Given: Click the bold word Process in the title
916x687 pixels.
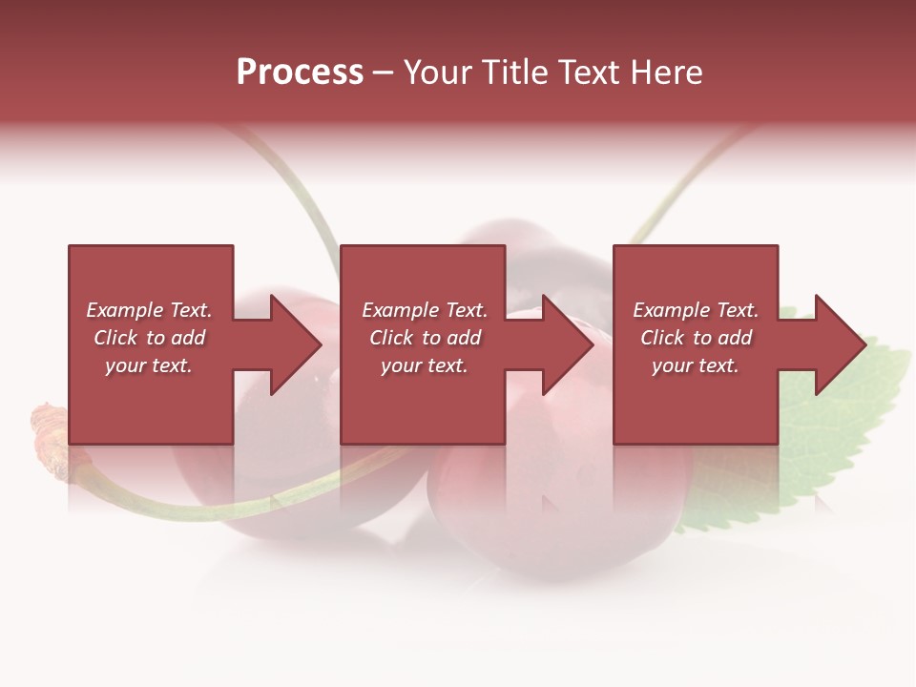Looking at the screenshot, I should pyautogui.click(x=300, y=73).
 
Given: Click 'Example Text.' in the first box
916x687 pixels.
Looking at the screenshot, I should pyautogui.click(x=149, y=310).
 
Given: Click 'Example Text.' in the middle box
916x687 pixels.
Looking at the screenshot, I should pyautogui.click(x=425, y=310).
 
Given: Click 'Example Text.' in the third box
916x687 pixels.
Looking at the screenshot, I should pyautogui.click(x=696, y=310).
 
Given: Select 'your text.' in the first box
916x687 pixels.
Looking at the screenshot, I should pyautogui.click(x=149, y=365).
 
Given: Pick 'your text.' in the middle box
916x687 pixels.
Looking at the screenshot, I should pyautogui.click(x=425, y=365).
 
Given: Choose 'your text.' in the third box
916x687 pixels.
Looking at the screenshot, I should pyautogui.click(x=696, y=365).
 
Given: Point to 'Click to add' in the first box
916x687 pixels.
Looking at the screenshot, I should pyautogui.click(x=149, y=338).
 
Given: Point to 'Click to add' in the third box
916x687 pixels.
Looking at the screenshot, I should pyautogui.click(x=696, y=338).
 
